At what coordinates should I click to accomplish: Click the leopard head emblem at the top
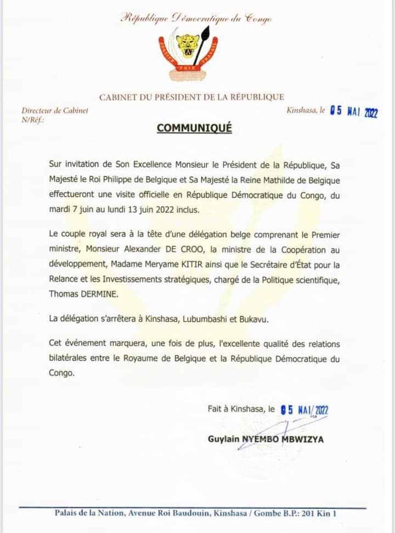pyautogui.click(x=189, y=44)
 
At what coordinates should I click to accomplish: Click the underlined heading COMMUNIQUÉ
pyautogui.click(x=194, y=128)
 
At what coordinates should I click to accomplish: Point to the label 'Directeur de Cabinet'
pyautogui.click(x=55, y=111)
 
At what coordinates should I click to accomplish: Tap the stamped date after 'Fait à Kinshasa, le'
pyautogui.click(x=303, y=409)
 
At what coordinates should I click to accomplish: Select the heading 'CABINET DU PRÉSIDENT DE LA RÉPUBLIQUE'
pyautogui.click(x=191, y=97)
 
